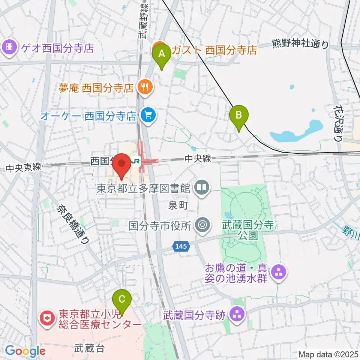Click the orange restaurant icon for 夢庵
click(144, 87)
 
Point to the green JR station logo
click(135, 162)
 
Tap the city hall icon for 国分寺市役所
click(202, 225)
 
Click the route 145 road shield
click(181, 246)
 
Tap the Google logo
click(25, 351)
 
